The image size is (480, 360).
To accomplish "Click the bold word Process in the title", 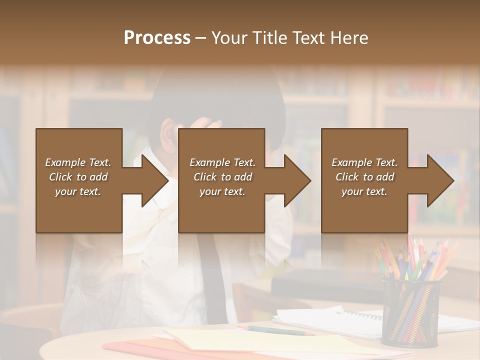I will (157, 38).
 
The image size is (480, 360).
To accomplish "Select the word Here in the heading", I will (349, 38).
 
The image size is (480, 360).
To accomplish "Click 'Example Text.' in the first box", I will (78, 162).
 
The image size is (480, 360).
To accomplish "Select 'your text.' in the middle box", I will (222, 191).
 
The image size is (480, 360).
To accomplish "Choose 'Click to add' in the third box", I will (364, 177).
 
